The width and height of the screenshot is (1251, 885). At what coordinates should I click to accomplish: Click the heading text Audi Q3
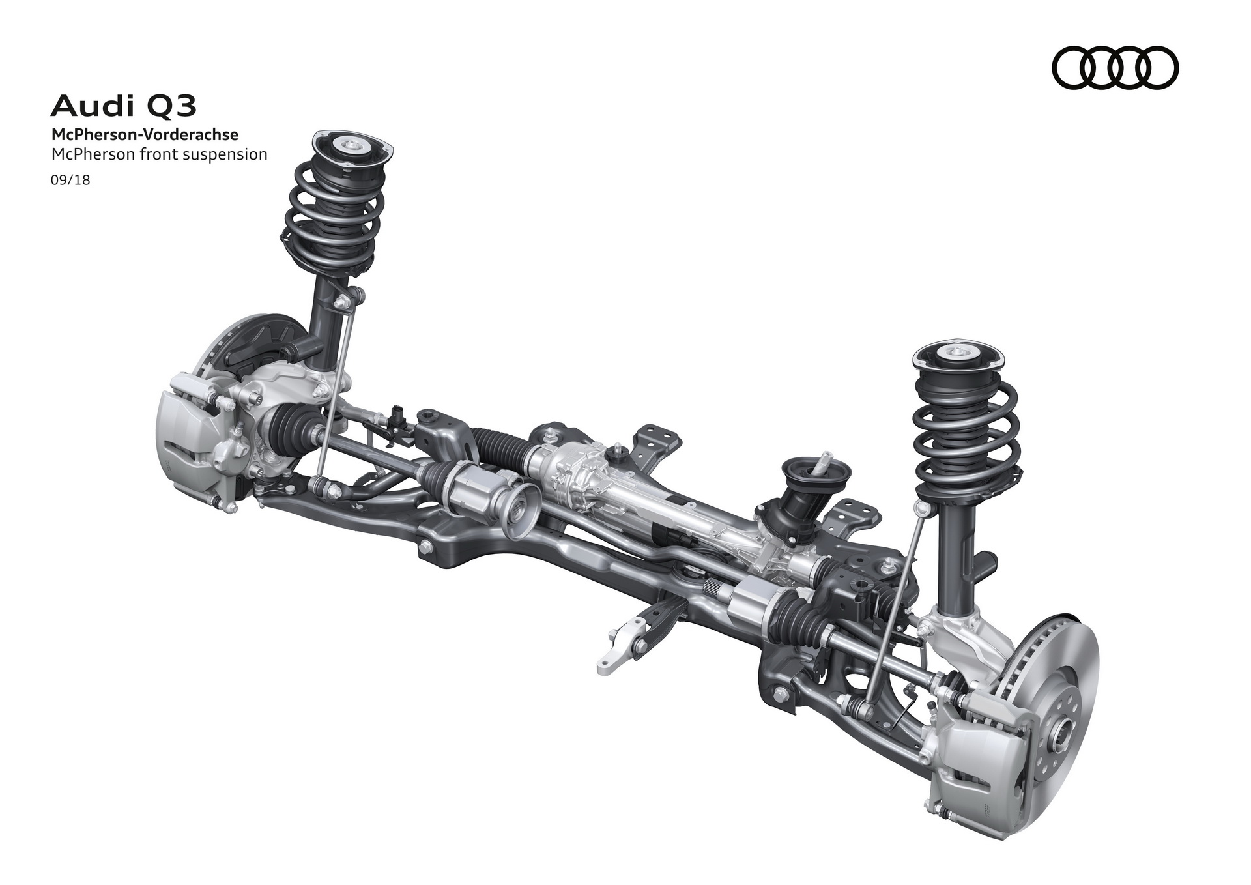123,106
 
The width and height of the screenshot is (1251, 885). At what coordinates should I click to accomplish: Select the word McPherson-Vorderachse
145,136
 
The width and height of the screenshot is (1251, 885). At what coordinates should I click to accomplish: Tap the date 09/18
70,181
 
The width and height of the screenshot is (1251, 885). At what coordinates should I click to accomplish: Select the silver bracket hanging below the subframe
619,652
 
